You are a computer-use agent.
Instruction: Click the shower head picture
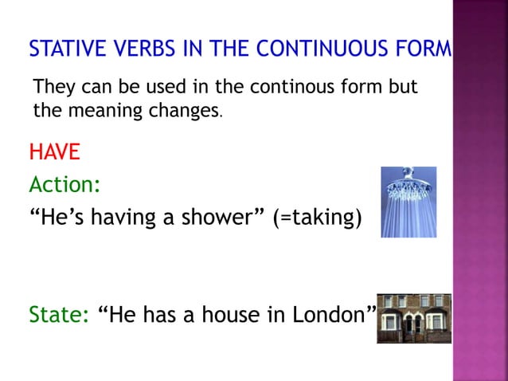408,202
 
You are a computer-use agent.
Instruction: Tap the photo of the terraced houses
414,318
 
